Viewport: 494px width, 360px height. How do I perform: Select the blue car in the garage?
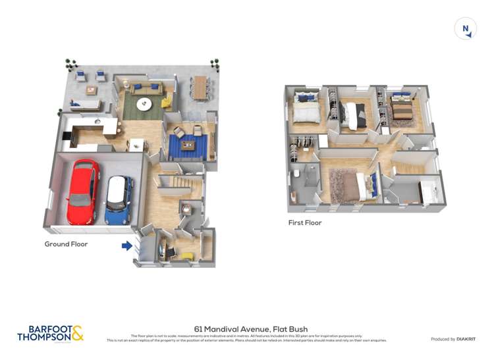[119, 199]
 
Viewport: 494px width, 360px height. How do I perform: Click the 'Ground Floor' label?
[66, 244]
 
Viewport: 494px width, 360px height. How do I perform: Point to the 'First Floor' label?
[304, 223]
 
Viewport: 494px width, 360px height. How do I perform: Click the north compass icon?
[466, 28]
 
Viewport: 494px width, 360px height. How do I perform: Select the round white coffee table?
[144, 104]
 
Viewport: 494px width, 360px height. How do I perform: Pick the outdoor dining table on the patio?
[200, 87]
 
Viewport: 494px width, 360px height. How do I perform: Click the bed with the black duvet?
[356, 115]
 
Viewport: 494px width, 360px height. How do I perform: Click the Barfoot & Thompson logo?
[51, 333]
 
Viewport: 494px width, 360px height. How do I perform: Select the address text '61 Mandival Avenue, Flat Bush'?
[250, 329]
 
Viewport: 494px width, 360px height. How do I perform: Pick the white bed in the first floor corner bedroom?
[305, 113]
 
